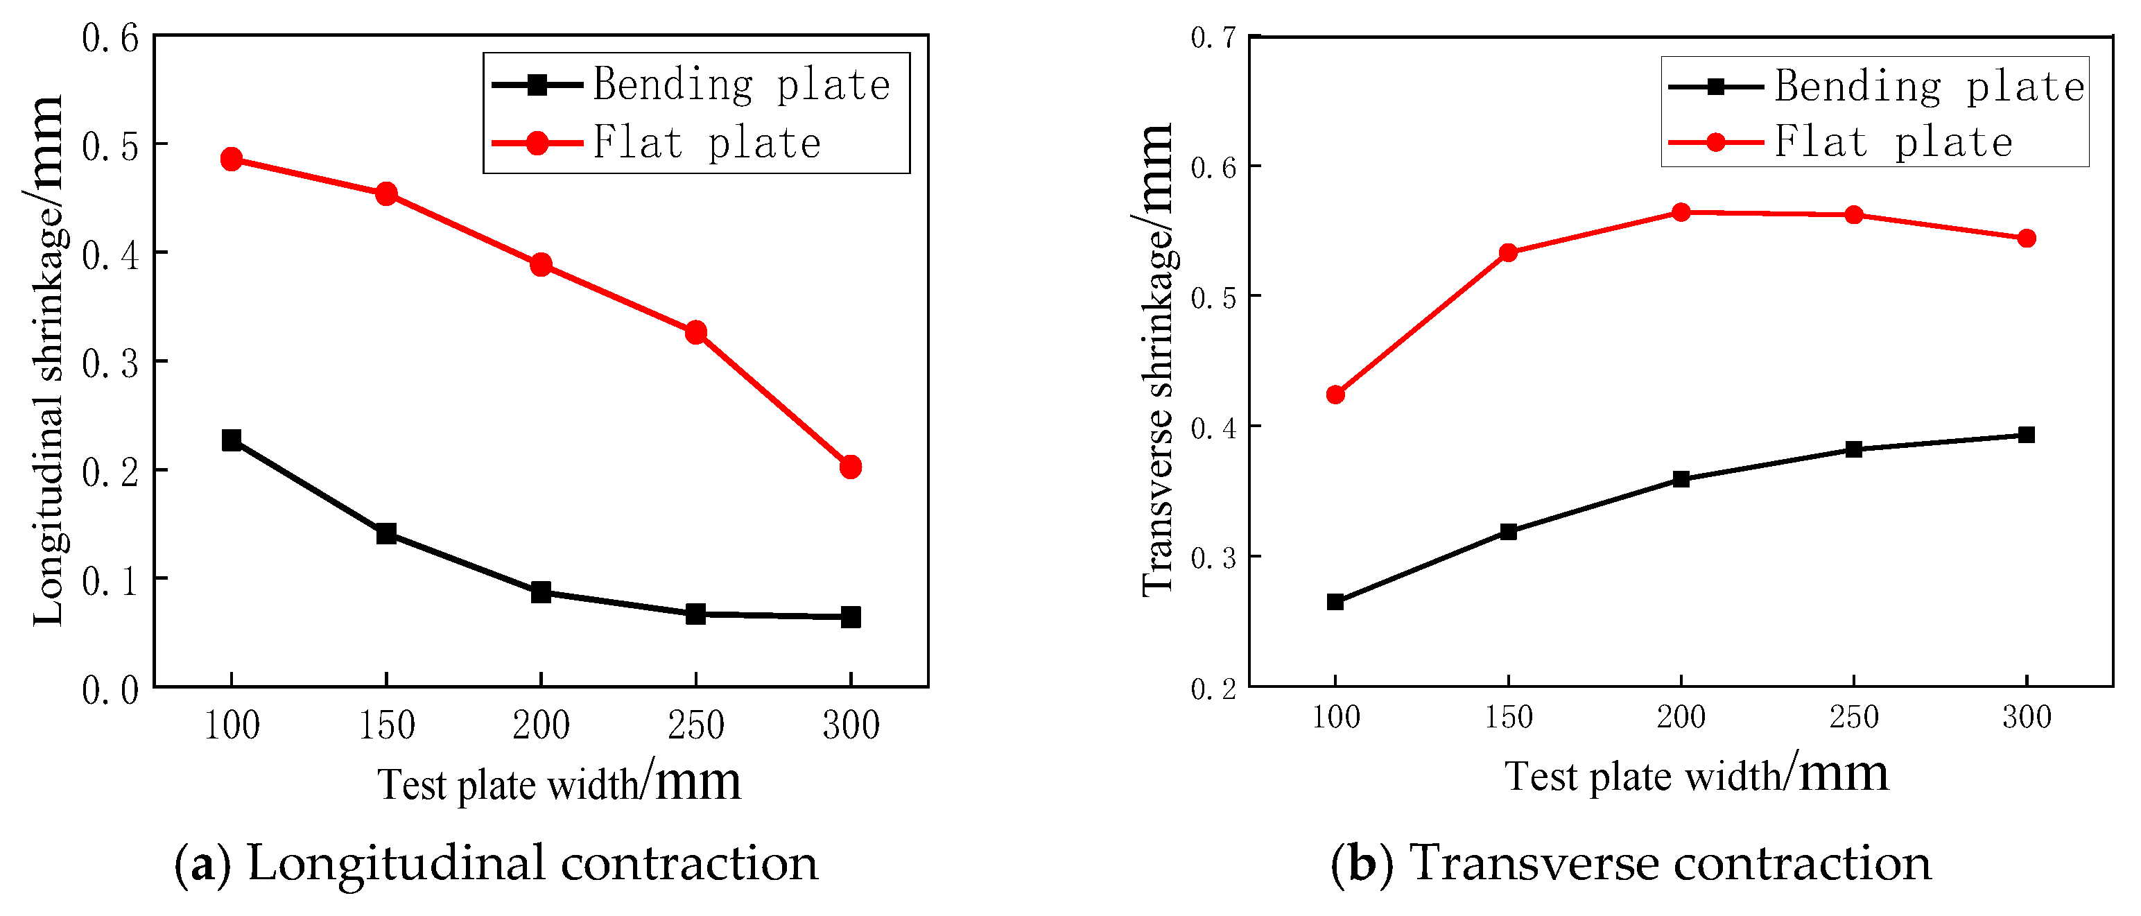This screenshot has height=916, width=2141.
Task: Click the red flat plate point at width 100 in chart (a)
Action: (232, 159)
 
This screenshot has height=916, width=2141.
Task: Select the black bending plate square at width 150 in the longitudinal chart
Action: (386, 533)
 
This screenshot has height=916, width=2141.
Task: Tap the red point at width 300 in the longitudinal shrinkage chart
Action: (850, 467)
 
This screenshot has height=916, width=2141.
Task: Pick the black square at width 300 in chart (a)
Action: (850, 616)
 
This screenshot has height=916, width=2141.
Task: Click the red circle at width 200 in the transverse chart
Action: (1681, 212)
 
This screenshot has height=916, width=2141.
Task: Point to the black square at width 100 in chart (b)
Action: (1335, 602)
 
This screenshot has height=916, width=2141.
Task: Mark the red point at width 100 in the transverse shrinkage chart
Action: (1335, 394)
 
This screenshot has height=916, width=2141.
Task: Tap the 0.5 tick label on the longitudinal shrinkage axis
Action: (110, 146)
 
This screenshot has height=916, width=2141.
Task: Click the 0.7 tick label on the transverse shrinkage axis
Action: (1213, 37)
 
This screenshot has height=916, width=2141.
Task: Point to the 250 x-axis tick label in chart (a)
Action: (695, 725)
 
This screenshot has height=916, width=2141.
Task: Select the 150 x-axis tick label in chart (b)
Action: (1508, 716)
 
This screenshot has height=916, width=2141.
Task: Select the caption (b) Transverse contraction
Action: (1630, 863)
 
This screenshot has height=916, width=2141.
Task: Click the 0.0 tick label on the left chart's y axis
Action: (110, 691)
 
